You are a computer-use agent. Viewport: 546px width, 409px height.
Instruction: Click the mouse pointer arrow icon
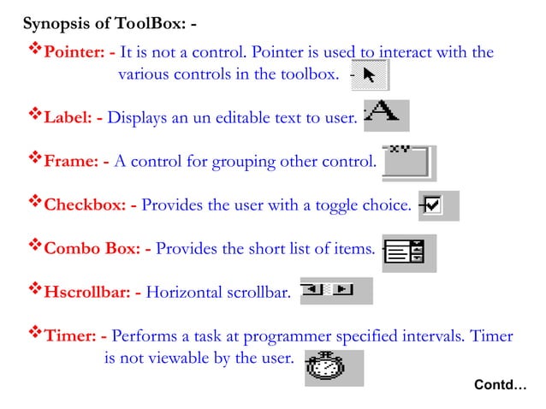click(x=371, y=75)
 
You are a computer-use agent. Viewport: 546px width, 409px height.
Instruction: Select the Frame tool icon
click(x=408, y=162)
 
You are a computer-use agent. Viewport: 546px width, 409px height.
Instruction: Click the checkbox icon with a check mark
click(x=433, y=205)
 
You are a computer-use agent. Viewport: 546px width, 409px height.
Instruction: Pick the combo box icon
click(x=410, y=252)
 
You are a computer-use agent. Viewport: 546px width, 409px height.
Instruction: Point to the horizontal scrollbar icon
click(x=335, y=291)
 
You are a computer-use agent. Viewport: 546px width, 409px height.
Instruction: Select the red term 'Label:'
click(x=68, y=117)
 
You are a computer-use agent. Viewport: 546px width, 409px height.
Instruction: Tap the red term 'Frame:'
click(x=71, y=161)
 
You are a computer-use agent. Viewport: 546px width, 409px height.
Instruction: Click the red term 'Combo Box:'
click(x=92, y=249)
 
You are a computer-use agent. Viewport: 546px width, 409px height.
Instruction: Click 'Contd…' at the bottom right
click(x=501, y=386)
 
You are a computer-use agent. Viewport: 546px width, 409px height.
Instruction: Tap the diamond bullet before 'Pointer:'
click(x=34, y=51)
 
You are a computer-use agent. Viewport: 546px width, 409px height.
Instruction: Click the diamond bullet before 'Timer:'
click(x=34, y=335)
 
